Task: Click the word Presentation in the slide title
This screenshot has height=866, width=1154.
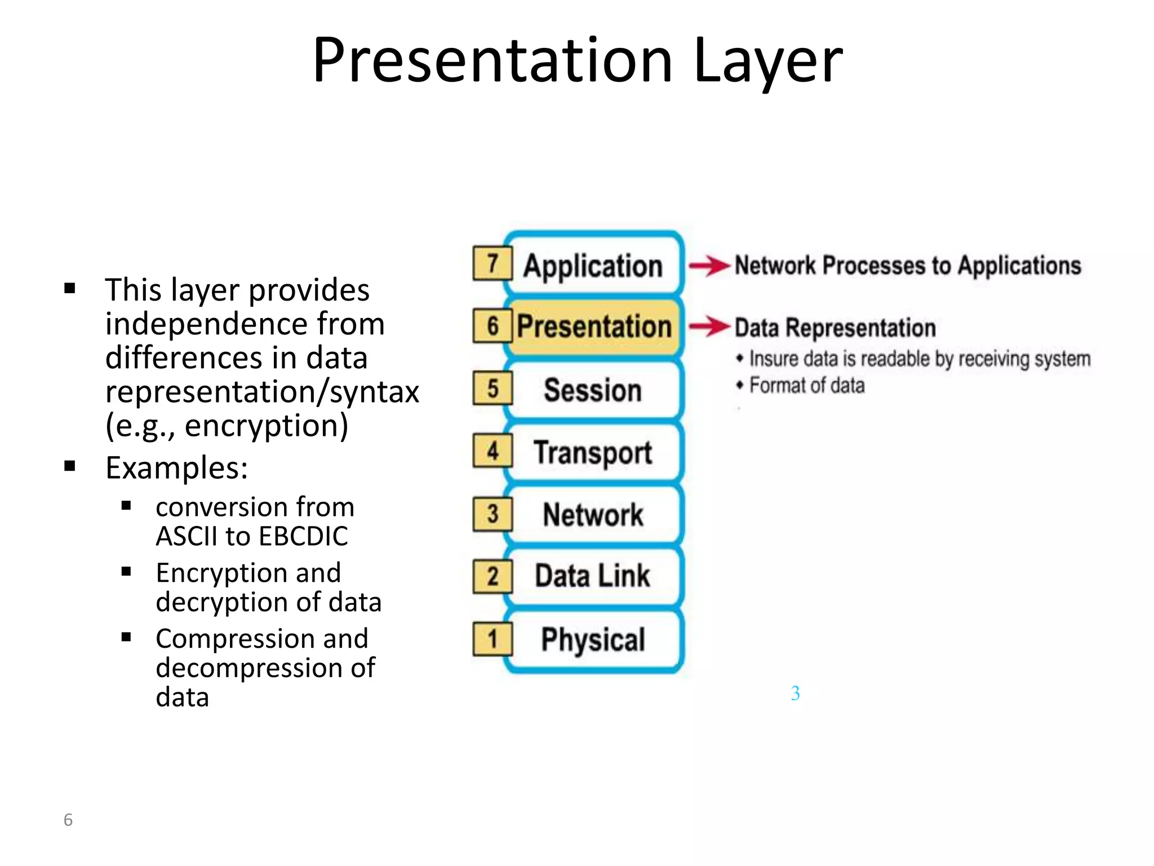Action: pos(492,61)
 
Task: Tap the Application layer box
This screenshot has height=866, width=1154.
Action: pos(593,265)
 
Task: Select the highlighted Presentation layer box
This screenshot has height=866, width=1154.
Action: pos(594,326)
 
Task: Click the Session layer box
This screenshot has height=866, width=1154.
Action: pos(593,390)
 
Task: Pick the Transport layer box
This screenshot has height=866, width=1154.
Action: pos(593,453)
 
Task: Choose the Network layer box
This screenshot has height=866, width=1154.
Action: pos(593,515)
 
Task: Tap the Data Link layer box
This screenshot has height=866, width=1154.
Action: pos(593,576)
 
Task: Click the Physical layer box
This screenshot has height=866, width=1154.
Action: pos(593,639)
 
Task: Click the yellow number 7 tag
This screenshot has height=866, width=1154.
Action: pos(492,263)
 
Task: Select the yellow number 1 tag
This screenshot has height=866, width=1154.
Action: pos(492,639)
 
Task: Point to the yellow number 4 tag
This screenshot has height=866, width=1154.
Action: pos(492,451)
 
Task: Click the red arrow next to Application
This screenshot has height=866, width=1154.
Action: pos(709,266)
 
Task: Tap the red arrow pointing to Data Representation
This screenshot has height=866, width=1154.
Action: pos(709,326)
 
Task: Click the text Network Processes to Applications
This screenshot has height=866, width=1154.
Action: pos(908,266)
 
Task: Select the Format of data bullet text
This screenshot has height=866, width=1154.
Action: pos(806,386)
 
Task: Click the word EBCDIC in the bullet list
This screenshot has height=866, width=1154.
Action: pos(303,536)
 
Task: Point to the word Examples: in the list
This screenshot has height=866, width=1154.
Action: pos(177,468)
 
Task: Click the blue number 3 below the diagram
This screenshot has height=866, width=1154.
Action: pos(795,693)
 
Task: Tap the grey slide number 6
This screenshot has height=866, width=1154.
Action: pos(68,820)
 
